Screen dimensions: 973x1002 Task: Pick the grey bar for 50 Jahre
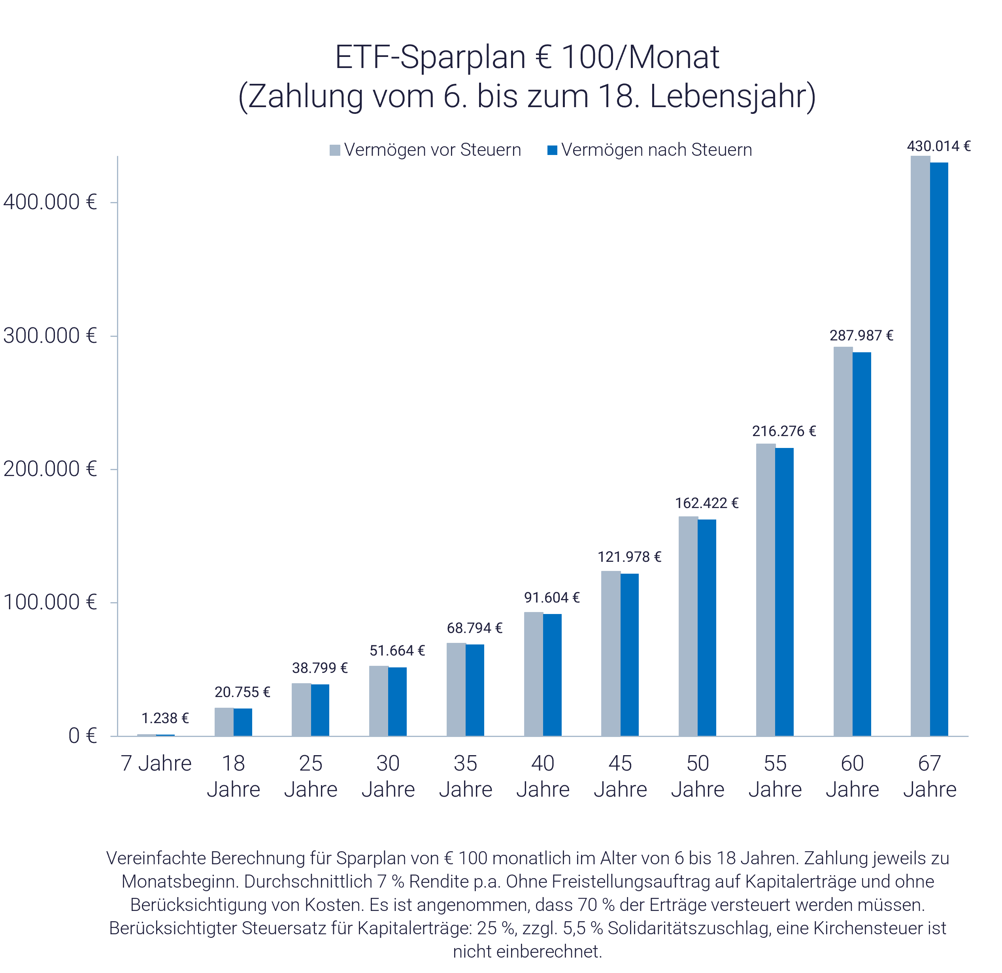(688, 626)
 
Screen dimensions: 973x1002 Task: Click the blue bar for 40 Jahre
(552, 674)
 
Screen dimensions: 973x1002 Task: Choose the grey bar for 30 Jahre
(378, 701)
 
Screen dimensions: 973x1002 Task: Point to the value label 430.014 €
(939, 146)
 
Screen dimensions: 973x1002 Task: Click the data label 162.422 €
(706, 503)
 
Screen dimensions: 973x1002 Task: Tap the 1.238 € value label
(164, 718)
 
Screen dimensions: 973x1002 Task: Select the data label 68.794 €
(474, 628)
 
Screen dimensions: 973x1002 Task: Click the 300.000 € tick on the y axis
(49, 336)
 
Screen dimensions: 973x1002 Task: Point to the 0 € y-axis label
(82, 736)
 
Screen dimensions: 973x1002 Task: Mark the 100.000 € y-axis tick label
(49, 602)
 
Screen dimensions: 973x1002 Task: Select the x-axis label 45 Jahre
(620, 776)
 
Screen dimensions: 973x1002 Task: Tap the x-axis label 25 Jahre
(311, 776)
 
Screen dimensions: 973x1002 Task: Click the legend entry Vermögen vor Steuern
(432, 150)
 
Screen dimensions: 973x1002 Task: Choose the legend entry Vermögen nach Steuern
(656, 150)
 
